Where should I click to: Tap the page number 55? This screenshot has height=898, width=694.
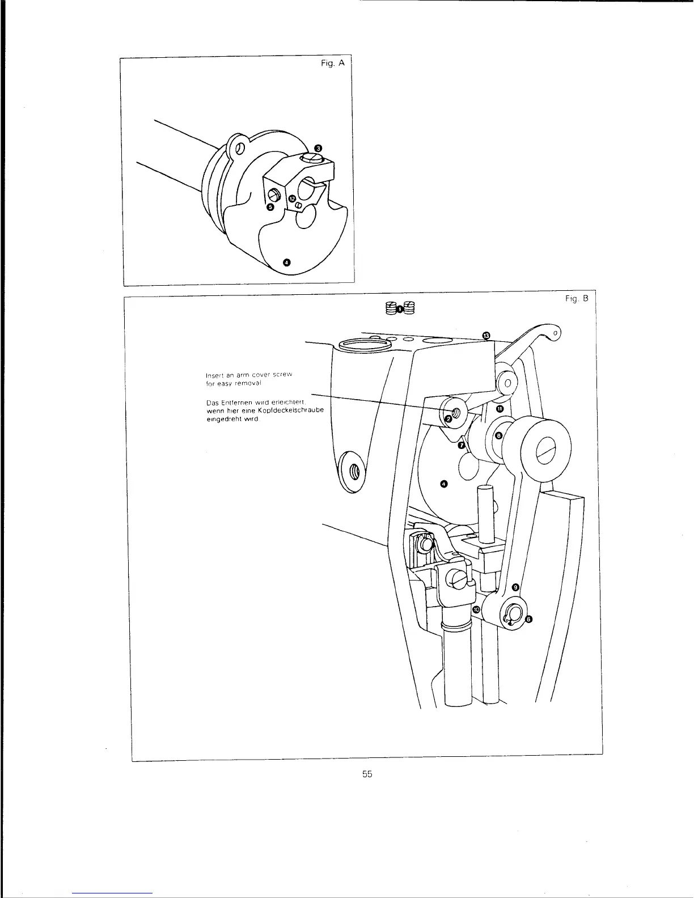point(367,774)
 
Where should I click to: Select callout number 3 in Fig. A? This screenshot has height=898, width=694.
point(319,149)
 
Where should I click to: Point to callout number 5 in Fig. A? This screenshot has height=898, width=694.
point(270,207)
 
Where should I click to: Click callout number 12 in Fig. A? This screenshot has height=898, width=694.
point(291,199)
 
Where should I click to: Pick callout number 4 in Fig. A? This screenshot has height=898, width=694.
point(286,262)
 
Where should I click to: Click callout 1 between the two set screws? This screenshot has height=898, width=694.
point(400,309)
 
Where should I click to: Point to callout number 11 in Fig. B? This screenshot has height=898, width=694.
point(500,409)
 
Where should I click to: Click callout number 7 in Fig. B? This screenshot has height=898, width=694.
point(462,446)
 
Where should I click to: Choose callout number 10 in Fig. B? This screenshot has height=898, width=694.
point(476,609)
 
